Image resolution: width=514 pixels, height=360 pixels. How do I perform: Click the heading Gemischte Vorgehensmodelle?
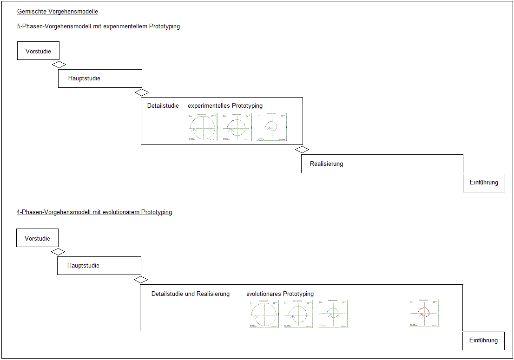tap(58, 12)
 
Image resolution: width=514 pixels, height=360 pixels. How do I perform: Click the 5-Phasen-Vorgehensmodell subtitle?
tap(98, 26)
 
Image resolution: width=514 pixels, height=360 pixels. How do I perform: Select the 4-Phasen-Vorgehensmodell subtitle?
tap(94, 212)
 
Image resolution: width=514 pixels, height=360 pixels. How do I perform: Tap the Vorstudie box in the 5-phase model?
tap(38, 51)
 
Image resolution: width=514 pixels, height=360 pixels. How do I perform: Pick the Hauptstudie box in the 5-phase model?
tap(100, 79)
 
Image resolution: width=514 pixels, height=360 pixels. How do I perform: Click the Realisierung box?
tap(382, 164)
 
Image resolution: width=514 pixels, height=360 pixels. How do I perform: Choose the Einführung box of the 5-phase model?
tap(484, 183)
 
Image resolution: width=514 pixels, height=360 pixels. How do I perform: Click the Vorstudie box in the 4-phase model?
tap(37, 238)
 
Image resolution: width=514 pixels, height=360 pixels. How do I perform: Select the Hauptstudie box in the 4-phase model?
tap(99, 266)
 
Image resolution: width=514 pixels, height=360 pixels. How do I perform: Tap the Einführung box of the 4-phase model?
tap(483, 340)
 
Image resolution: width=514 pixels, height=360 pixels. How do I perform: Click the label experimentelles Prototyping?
tap(225, 106)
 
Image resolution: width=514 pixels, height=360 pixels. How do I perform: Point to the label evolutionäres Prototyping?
tap(280, 294)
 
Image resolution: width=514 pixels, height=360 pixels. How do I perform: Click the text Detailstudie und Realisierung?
tap(191, 294)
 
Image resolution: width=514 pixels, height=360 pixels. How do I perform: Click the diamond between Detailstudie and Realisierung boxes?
tap(302, 150)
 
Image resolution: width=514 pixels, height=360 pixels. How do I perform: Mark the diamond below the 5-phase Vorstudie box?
tap(59, 65)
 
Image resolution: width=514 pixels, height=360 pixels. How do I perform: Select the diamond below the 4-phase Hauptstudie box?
tap(140, 280)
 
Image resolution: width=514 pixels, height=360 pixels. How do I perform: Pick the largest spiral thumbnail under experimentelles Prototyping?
tap(203, 127)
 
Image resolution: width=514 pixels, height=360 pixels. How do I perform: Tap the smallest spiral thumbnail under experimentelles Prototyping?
tap(272, 127)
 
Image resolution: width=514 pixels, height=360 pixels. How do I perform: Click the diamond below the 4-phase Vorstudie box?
tap(58, 252)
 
